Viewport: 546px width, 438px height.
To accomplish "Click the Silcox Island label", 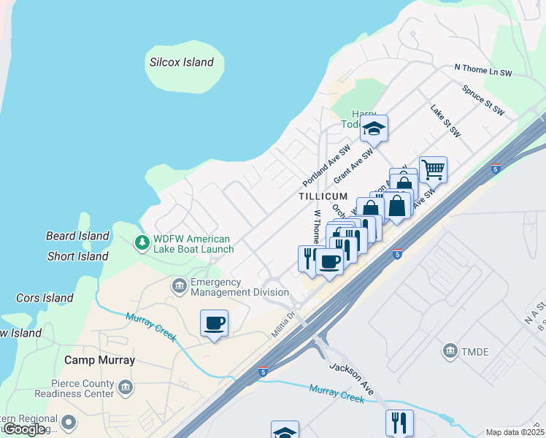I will (x=181, y=63).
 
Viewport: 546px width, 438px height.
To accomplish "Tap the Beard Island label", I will (x=77, y=236).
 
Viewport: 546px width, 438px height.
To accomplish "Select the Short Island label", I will (x=77, y=256).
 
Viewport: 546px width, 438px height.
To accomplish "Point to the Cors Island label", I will (x=45, y=298).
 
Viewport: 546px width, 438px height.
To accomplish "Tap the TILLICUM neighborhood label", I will (x=322, y=197).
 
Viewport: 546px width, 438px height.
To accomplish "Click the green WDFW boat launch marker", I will (x=142, y=242).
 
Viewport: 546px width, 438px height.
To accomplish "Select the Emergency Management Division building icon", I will (x=179, y=285).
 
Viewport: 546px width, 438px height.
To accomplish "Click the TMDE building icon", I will (x=450, y=351).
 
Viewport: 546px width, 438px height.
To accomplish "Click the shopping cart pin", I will (x=433, y=169).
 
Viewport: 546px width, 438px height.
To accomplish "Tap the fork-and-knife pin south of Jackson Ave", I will (x=399, y=422).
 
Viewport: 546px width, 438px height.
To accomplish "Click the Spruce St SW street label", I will (x=483, y=100).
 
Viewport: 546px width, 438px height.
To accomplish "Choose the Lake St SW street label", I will (x=445, y=121).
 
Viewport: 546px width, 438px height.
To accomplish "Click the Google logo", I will (x=24, y=429).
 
